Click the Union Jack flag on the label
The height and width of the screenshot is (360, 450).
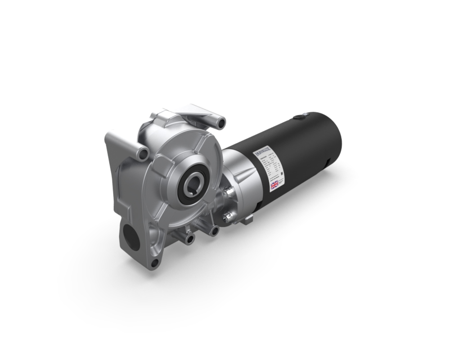(274, 185)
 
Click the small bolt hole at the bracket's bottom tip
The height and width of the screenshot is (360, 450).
(154, 262)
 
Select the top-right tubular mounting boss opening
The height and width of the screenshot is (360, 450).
(220, 121)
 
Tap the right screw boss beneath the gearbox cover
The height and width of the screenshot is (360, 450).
(215, 231)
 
